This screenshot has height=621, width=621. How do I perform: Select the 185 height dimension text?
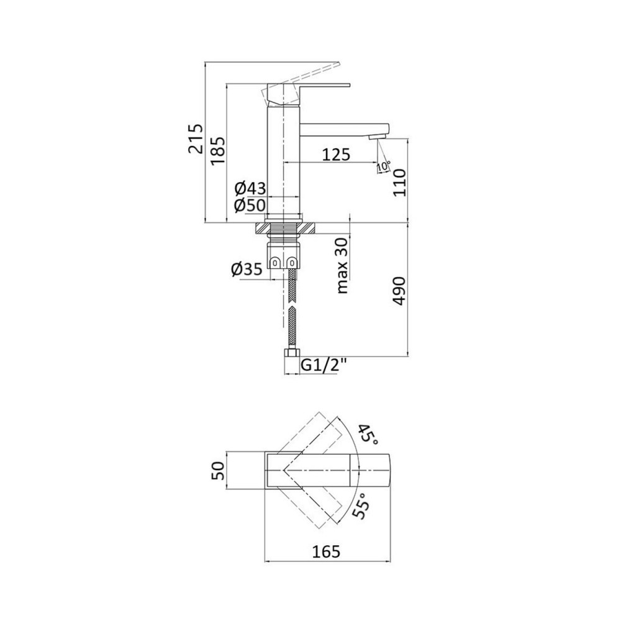(217, 150)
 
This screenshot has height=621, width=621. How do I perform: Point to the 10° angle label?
(383, 166)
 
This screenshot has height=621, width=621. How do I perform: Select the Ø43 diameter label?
(250, 188)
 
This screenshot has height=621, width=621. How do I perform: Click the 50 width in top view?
(218, 470)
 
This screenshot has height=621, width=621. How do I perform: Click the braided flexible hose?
(290, 310)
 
